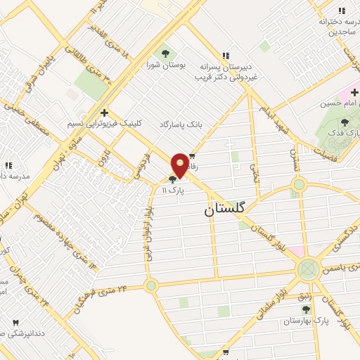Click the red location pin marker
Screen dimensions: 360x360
pos(181,165)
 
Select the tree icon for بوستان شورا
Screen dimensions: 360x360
pos(166,53)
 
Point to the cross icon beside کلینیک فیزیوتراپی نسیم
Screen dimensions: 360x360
pos(104,112)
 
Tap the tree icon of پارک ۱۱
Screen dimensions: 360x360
pos(173,180)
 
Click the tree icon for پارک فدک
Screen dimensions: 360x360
pos(344,123)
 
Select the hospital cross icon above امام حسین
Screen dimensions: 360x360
pos(354,92)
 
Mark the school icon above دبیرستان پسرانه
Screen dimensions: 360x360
pos(226,56)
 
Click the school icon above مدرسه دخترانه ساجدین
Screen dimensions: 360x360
pos(342,11)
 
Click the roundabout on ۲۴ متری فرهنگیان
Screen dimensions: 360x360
pos(150,285)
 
